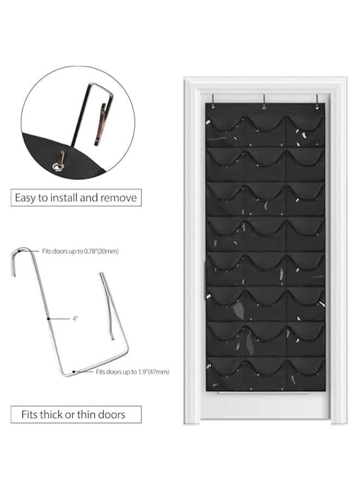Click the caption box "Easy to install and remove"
point(76,197)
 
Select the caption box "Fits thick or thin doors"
point(76,414)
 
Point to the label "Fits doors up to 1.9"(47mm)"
point(133,372)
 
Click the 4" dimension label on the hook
point(75,318)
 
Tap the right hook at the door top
point(316,100)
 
